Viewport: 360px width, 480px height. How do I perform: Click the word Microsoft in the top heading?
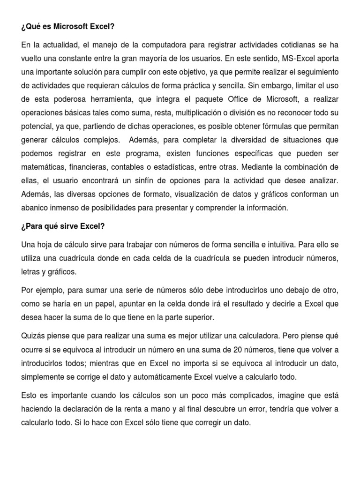point(70,27)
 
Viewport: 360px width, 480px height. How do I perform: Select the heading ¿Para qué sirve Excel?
point(63,226)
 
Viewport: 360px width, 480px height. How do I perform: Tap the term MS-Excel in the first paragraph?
point(299,59)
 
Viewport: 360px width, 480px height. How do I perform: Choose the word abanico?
point(35,208)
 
